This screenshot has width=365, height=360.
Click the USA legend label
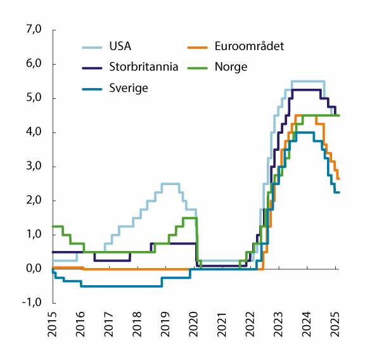coord(120,46)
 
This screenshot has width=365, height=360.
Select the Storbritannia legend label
coord(143,67)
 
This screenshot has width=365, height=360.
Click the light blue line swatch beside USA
coord(93,46)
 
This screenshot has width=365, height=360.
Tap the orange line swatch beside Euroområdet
coord(200,46)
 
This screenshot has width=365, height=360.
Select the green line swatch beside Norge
coord(200,67)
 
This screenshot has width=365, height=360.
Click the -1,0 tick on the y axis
coord(32,303)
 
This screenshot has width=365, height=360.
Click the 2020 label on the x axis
coord(193,324)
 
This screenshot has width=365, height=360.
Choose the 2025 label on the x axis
coord(335,324)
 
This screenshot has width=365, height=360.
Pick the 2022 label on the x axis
coord(250,324)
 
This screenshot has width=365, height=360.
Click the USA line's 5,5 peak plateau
coord(308,81)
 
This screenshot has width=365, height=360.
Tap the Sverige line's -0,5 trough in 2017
coord(120,286)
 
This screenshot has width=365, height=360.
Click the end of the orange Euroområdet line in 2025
coord(338,179)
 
